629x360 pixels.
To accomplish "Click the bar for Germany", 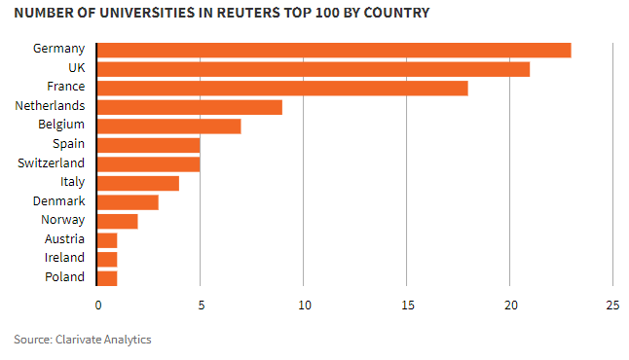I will pos(334,50).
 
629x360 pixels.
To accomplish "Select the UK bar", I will pos(314,69).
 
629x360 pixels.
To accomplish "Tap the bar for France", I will pos(282,88).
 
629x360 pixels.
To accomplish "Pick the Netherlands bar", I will pos(190,107).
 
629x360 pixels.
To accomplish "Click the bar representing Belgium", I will pos(169,126).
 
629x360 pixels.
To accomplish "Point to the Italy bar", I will pos(138,183).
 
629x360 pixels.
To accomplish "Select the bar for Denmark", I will pos(128,201).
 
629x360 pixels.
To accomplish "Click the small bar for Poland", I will pos(107,277).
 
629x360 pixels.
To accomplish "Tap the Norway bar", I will pos(118,221).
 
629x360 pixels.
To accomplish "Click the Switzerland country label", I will pos(51,163).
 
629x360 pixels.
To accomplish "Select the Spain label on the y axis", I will pos(68,144).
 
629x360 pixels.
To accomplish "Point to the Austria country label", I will pos(64,239).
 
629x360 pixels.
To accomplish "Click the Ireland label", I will pos(64,258).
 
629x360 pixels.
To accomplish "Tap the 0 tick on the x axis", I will pos(97,305).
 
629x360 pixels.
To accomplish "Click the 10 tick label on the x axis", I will pos(303,305).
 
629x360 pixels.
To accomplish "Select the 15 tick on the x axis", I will pos(406,305).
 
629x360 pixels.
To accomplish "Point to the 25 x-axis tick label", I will pos(611,305).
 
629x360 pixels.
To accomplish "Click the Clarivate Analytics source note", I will pos(83,340).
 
